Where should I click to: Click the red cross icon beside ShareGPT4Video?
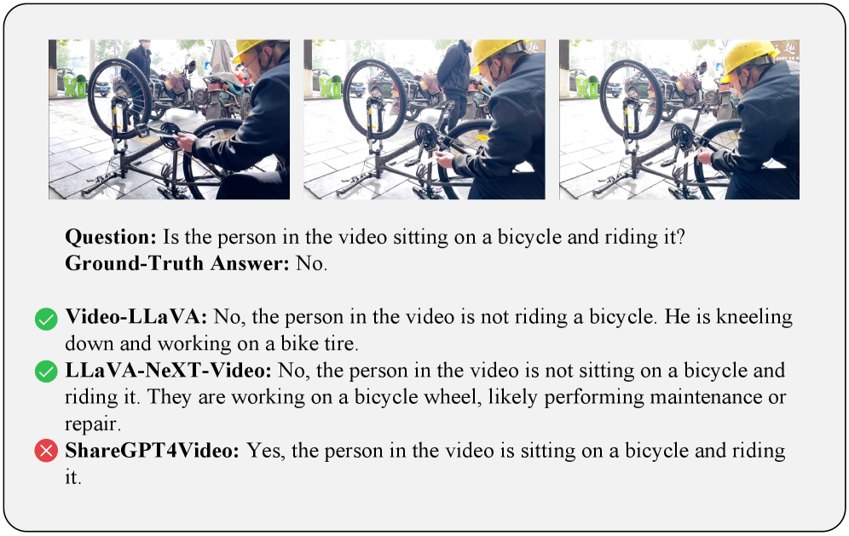pos(46,451)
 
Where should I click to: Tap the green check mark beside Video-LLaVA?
pos(46,319)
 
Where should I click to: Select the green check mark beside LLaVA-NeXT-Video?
pos(46,372)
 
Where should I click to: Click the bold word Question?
pos(111,237)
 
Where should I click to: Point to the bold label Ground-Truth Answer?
pos(177,263)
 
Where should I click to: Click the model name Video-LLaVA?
pos(136,317)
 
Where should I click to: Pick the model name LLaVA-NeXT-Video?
pos(169,371)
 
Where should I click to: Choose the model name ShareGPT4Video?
pos(152,451)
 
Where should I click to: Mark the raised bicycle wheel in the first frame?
pos(119,98)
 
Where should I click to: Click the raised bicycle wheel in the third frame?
pos(631,99)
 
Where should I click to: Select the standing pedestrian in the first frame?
pos(138,76)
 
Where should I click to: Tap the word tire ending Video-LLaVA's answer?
pos(341,343)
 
